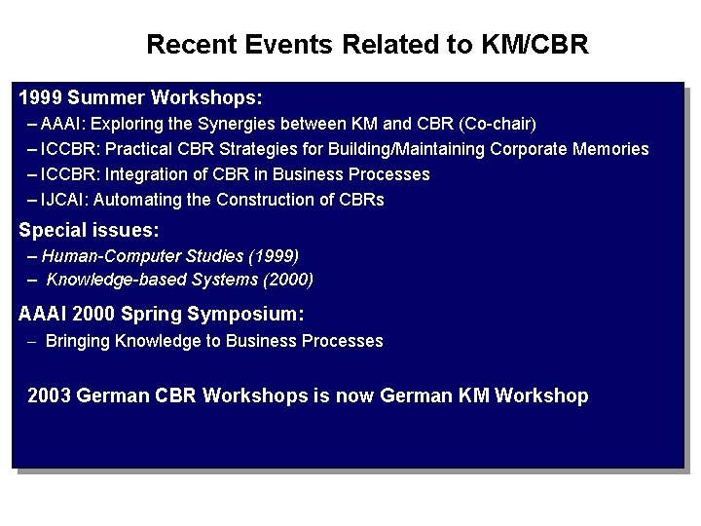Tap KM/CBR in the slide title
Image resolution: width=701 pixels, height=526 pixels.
535,45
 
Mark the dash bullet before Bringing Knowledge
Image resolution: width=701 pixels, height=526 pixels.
33,342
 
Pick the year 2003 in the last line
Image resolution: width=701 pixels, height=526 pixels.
49,395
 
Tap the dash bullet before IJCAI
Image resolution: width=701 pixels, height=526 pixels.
34,200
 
